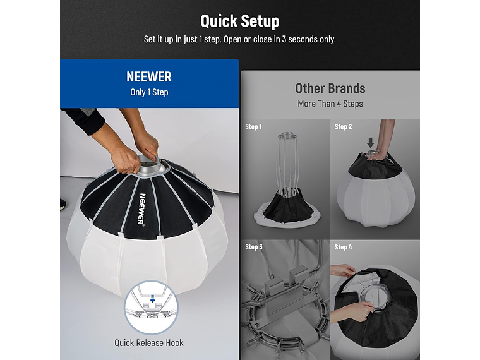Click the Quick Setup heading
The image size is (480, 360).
(240, 21)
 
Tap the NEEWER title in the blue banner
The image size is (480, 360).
(149, 76)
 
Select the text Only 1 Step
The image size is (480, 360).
(149, 92)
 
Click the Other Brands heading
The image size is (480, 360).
(330, 88)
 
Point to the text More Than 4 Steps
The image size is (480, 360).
(330, 104)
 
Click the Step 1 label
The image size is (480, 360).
(253, 127)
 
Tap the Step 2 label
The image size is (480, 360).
(343, 127)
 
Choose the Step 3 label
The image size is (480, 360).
(253, 247)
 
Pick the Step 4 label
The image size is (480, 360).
(343, 247)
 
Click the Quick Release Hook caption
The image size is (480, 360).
(149, 343)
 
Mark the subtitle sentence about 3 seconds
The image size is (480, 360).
(240, 39)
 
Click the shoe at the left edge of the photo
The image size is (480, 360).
(62, 205)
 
